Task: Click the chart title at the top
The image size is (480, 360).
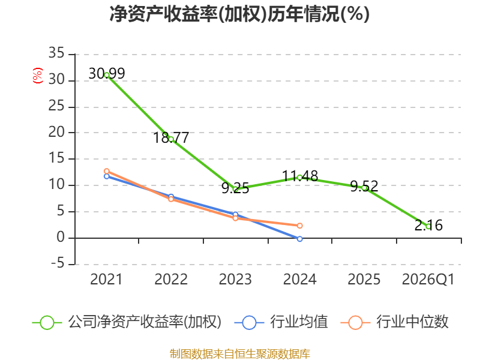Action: [239, 14]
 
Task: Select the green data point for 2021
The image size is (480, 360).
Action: [107, 75]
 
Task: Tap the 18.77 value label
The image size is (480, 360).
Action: [171, 138]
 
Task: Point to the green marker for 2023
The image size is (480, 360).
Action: [235, 189]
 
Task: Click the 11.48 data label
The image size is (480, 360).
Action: [300, 176]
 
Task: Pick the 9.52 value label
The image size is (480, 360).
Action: [364, 186]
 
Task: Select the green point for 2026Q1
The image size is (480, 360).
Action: [428, 226]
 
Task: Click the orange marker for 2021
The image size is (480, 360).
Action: [107, 171]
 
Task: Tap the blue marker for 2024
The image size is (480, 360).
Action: [299, 239]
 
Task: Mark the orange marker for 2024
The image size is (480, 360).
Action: [299, 226]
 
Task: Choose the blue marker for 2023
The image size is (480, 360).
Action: [235, 214]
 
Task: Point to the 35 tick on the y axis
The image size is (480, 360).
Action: [56, 53]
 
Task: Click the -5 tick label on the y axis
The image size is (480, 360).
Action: [58, 263]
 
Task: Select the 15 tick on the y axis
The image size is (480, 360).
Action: [56, 158]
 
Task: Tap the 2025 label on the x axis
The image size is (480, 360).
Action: [364, 280]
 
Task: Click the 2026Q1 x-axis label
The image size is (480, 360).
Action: [428, 280]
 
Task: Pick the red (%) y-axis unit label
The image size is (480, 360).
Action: [38, 76]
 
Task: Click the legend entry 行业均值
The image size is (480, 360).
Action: [281, 322]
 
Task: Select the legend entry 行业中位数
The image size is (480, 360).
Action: [395, 322]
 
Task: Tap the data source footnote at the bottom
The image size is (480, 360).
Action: [240, 354]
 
